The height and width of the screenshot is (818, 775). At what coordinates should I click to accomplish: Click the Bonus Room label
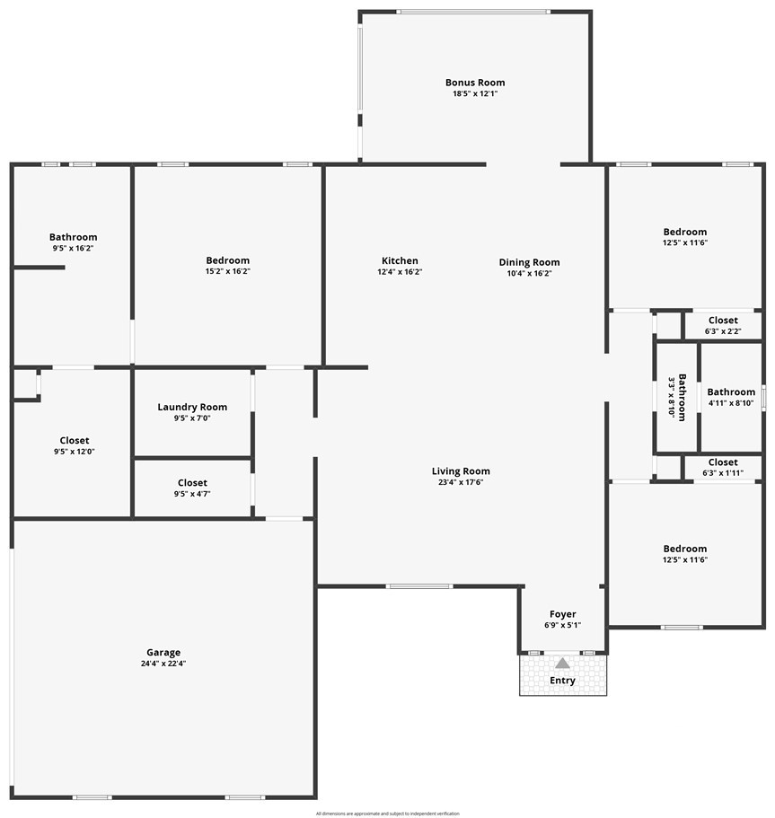tap(475, 83)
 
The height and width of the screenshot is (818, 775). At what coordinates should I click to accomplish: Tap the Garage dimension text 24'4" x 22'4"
tap(163, 664)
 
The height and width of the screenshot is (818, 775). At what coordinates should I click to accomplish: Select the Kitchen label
tap(399, 261)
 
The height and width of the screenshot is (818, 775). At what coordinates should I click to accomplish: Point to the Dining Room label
tap(529, 262)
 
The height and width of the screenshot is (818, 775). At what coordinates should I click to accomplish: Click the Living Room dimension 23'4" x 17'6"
tap(461, 482)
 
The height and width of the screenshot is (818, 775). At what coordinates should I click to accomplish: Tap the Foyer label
tap(562, 614)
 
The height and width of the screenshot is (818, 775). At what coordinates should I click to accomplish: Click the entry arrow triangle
tap(562, 664)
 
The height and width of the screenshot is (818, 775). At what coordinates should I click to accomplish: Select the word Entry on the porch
tap(562, 681)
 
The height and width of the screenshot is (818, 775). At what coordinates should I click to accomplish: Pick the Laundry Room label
tap(192, 407)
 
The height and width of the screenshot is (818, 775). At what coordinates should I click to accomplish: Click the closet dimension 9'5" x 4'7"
tap(192, 493)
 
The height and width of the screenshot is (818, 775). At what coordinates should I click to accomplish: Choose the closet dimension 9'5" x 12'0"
tap(74, 452)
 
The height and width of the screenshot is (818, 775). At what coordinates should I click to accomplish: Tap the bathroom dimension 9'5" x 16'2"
tap(73, 248)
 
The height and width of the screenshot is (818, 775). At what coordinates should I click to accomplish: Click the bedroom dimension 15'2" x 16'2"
tap(227, 271)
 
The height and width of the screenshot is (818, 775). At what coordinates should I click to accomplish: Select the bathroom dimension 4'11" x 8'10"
tap(730, 403)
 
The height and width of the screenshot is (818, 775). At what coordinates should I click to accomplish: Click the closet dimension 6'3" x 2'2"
tap(723, 330)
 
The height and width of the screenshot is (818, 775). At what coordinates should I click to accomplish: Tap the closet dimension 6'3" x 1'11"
tap(723, 472)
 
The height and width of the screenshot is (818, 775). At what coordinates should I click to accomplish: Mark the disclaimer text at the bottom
tap(387, 814)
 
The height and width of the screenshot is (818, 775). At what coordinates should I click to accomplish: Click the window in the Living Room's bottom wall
tap(418, 586)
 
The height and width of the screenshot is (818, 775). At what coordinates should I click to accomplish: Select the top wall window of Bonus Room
tap(473, 12)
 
